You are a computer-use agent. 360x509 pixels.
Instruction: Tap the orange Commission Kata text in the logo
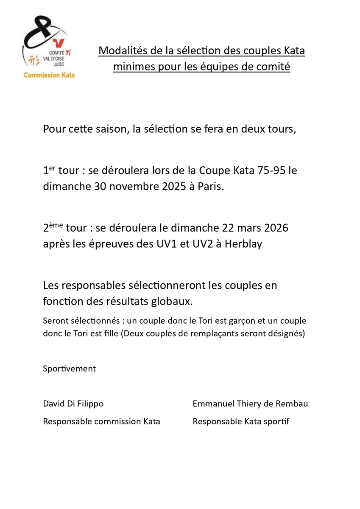point(49,75)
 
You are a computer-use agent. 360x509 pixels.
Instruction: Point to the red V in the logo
point(58,43)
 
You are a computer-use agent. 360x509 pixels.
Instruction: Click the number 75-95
point(269,171)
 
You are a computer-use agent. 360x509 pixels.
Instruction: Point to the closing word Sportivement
point(69,369)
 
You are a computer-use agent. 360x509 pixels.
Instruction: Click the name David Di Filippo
point(73,404)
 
